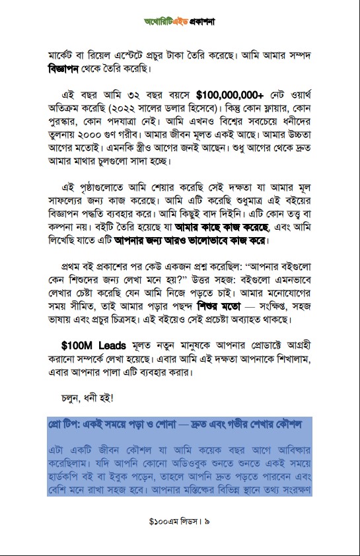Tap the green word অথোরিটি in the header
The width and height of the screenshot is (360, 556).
click(160, 22)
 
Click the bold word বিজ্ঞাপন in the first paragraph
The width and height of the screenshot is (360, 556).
click(72, 69)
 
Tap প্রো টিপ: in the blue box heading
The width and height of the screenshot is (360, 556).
click(69, 423)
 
